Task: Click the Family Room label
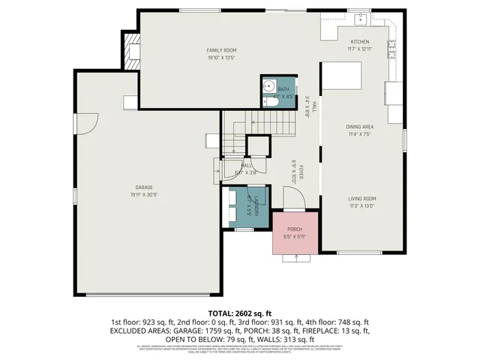[222, 50]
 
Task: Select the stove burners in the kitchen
[391, 49]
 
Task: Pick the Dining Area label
[359, 127]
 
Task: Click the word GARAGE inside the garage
[143, 187]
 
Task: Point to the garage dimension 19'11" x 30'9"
[143, 194]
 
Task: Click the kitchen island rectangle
[341, 76]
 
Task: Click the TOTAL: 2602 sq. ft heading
[239, 311]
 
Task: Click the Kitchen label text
[360, 41]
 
